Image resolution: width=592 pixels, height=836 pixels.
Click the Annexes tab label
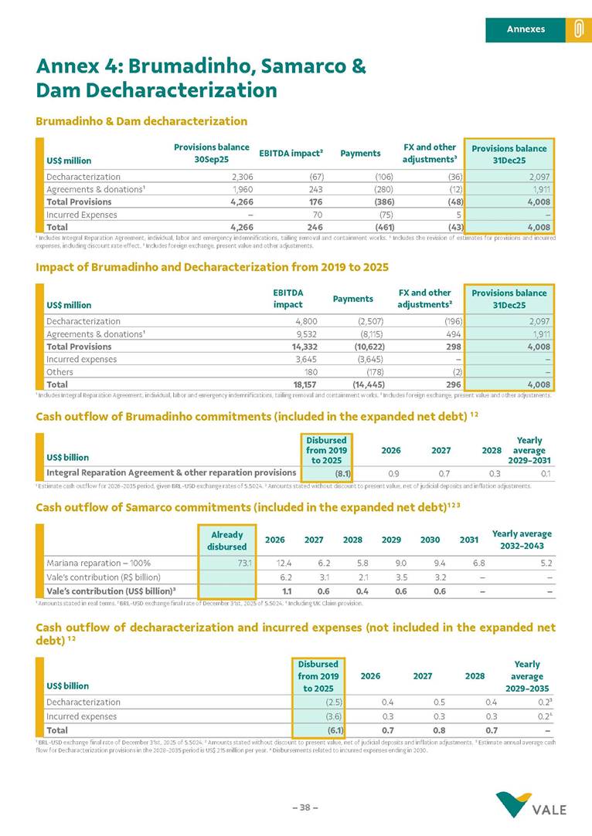point(526,29)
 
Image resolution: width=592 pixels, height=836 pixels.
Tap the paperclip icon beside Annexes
point(577,29)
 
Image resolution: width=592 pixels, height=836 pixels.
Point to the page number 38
point(305,807)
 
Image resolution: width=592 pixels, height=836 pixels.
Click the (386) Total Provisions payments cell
point(379,202)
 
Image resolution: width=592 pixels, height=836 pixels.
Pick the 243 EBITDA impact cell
point(315,189)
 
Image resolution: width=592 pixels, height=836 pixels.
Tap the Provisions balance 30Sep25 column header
point(212,154)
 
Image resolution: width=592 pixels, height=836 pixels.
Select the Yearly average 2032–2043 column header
point(522,540)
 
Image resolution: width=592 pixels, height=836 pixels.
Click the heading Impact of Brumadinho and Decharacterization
point(212,266)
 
